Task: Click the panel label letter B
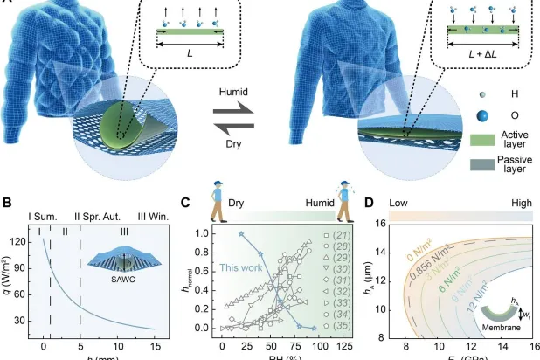coord(7,204)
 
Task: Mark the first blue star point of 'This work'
coord(240,234)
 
